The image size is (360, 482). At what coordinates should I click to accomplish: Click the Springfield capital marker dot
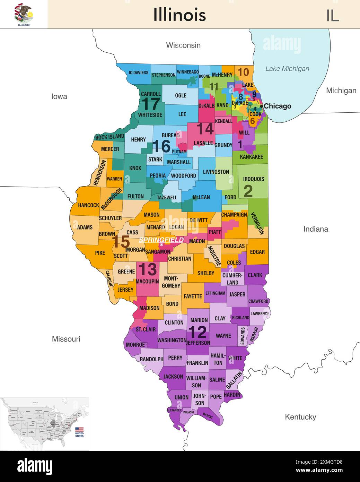click(x=161, y=245)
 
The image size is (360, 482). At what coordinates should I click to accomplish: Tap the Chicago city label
click(x=278, y=106)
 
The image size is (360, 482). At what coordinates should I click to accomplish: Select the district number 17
click(x=151, y=104)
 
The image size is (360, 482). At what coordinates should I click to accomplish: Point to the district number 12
click(x=197, y=332)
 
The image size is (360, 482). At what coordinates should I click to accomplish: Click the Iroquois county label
click(x=253, y=179)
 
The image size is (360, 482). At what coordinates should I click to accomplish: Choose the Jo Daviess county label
click(x=138, y=73)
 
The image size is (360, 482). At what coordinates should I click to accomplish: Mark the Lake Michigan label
click(x=287, y=69)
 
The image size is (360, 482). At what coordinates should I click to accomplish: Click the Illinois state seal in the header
click(x=24, y=14)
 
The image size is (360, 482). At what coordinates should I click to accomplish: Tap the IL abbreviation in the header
click(x=332, y=16)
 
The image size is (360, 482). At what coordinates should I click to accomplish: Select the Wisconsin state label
click(x=183, y=45)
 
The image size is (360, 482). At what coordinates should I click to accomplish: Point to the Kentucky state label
click(x=300, y=417)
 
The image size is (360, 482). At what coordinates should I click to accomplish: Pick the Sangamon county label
click(x=157, y=252)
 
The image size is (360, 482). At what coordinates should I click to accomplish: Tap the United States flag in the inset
click(x=79, y=430)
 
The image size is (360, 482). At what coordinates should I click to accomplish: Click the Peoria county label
click(x=158, y=176)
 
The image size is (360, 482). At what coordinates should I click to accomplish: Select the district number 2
click(x=248, y=191)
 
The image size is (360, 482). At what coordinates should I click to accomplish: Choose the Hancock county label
click(x=88, y=205)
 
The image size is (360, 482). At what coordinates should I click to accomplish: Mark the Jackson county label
click(x=173, y=377)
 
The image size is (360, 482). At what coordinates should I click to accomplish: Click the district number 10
click(x=243, y=72)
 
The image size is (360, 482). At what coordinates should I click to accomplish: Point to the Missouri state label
click(x=66, y=339)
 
